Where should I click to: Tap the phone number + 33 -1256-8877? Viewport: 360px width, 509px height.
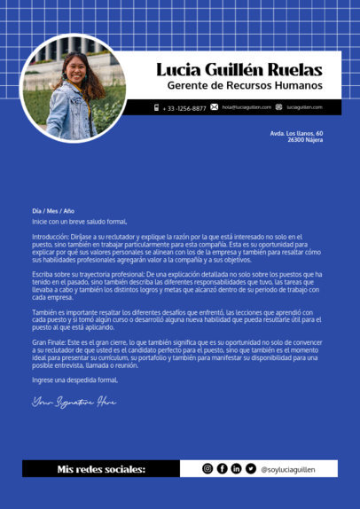[x=184, y=108]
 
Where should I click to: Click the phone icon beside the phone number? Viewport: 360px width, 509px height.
[x=157, y=108]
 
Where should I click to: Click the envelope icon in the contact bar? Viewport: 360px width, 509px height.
[x=215, y=107]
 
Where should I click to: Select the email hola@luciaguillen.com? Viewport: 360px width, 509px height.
[x=247, y=107]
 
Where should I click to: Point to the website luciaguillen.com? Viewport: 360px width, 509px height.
[x=303, y=107]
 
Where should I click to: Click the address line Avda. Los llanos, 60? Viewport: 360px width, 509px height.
[x=296, y=133]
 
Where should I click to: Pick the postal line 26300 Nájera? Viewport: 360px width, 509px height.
[x=304, y=140]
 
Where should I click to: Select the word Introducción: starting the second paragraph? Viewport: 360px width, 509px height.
[x=50, y=237]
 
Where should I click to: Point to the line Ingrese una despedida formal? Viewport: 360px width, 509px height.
[x=74, y=380]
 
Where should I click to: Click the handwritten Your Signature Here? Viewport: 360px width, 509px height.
[x=74, y=402]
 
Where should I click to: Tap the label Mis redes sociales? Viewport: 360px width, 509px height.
[x=101, y=469]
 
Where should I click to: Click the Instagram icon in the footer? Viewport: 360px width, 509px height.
[x=207, y=469]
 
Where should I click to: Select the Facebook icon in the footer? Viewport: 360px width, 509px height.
[x=222, y=469]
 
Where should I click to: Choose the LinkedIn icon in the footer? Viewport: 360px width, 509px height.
[x=236, y=469]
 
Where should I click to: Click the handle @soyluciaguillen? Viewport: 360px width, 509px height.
[x=287, y=469]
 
